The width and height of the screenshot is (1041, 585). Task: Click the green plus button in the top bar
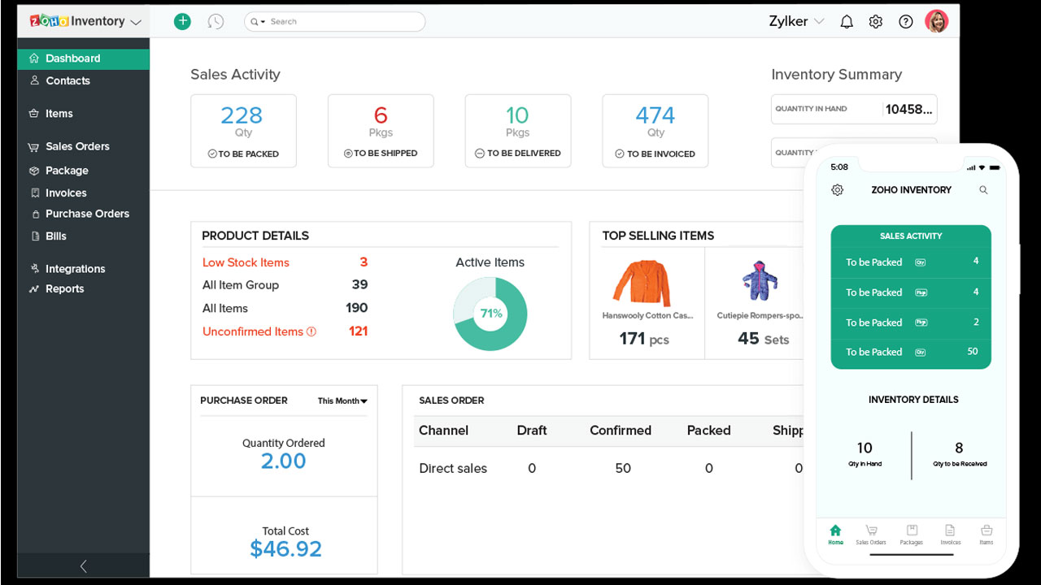(x=182, y=22)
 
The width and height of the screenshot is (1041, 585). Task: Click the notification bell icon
(x=847, y=22)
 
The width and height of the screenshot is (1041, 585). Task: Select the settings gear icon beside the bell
(x=876, y=22)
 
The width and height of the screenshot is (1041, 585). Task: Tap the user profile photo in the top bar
(x=936, y=22)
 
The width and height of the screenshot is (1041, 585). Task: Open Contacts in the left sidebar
(x=68, y=80)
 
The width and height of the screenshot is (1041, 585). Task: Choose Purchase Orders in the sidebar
(x=87, y=214)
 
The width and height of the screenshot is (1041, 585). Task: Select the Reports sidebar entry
(x=64, y=288)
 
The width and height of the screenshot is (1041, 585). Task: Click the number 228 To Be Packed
(x=242, y=115)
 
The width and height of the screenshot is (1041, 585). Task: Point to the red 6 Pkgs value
(x=381, y=115)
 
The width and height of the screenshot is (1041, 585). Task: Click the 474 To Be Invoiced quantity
(x=655, y=115)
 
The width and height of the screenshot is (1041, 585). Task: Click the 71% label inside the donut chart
(x=491, y=314)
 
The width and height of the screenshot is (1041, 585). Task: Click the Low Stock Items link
(x=246, y=262)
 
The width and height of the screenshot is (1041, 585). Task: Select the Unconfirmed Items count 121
(x=358, y=331)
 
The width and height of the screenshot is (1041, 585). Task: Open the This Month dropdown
(x=342, y=401)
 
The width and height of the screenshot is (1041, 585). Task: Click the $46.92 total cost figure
(x=285, y=549)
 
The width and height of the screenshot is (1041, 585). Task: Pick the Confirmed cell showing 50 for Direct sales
(x=623, y=468)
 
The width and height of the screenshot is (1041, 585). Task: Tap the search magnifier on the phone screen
(x=983, y=190)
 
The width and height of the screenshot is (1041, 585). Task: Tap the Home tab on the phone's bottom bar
(x=835, y=534)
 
